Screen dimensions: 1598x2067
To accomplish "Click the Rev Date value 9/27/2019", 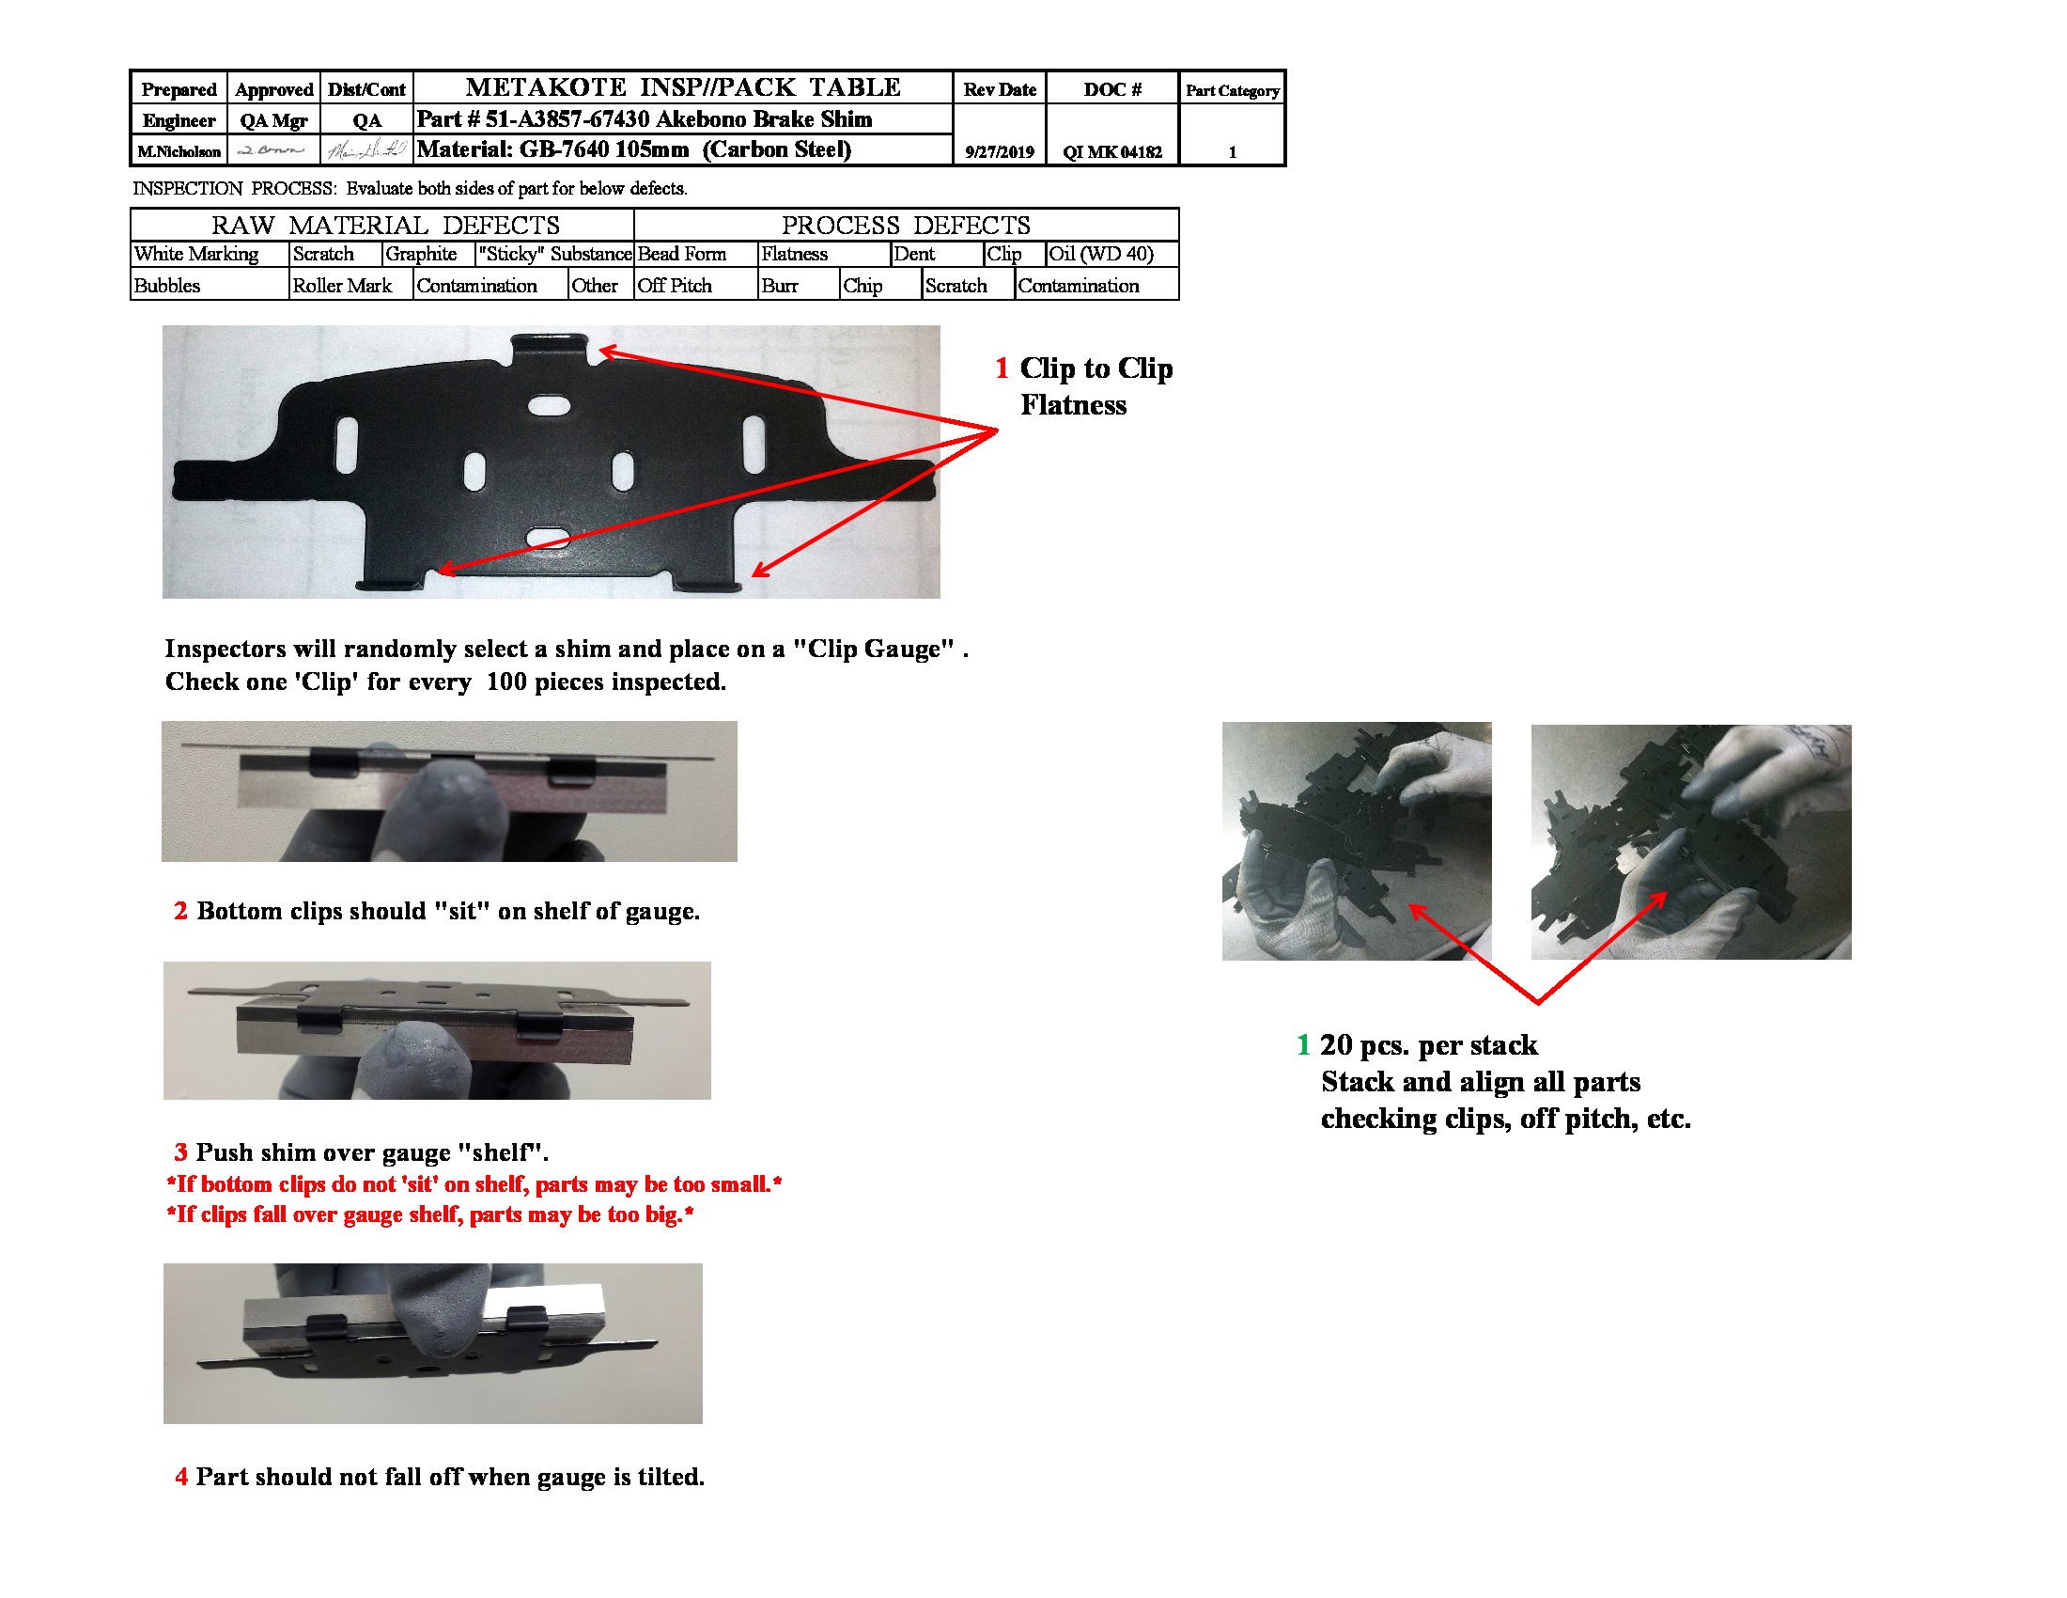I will click(1000, 151).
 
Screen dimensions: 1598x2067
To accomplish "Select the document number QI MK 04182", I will click(1111, 151).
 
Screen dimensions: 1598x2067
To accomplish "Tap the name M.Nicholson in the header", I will click(179, 151).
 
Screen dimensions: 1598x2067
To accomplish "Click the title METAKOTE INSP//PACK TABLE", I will click(682, 87).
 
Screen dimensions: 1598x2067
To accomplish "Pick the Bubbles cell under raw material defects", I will click(167, 286).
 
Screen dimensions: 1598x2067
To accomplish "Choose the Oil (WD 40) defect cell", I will click(1101, 254).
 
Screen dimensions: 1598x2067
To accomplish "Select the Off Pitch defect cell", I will click(674, 286).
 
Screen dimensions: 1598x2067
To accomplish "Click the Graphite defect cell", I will click(421, 254).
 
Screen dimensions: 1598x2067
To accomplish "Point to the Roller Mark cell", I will click(342, 286).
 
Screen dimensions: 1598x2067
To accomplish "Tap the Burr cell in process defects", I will click(780, 286).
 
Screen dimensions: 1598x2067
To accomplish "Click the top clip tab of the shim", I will click(549, 348).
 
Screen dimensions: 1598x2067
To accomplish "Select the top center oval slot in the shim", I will click(549, 405).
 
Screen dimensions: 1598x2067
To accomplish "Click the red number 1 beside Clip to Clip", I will click(1002, 368).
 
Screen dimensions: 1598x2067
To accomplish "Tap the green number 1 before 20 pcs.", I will click(1303, 1045).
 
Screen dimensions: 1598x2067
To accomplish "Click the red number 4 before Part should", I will click(180, 1477).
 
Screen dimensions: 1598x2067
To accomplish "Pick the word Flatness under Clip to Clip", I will click(1073, 405).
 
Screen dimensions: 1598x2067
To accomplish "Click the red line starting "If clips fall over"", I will click(429, 1214).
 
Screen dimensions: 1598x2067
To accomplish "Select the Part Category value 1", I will click(1233, 151).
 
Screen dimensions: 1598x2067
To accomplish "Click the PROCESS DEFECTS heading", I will click(905, 226).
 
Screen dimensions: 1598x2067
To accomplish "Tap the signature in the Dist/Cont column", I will click(366, 150).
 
